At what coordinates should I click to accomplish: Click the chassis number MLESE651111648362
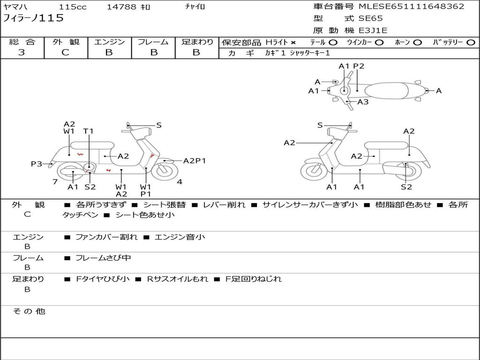coord(412,6)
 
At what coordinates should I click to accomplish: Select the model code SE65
coord(370,18)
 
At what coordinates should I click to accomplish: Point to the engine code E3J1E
coord(373,30)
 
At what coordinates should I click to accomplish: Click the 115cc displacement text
coord(73,7)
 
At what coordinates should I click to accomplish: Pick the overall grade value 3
coord(22,52)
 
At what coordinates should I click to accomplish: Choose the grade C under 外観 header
coord(65,52)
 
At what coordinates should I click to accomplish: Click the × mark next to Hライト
coord(293,43)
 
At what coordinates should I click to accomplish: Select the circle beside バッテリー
coord(471,43)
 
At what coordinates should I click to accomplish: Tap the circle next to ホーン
coord(418,43)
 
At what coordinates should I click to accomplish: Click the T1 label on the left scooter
coord(88,131)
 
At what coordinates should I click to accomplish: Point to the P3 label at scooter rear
coord(37,164)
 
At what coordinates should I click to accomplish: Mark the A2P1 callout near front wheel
coord(195,161)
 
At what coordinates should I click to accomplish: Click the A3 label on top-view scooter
coord(363,102)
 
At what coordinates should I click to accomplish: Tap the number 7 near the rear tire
coord(55,182)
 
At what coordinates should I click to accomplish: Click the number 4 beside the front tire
coord(180,182)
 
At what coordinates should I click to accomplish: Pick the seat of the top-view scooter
coord(386,91)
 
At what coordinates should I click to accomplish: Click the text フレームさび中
coord(103,258)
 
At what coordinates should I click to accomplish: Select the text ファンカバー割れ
coord(106,237)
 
